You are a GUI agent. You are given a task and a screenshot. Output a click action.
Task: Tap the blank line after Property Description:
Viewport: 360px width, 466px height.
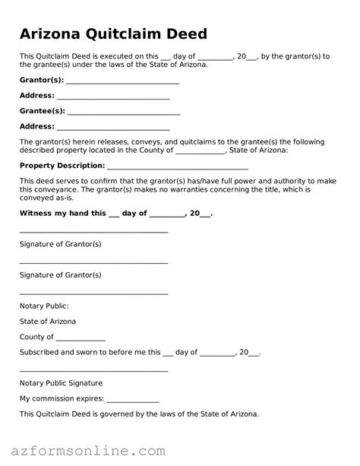(x=178, y=166)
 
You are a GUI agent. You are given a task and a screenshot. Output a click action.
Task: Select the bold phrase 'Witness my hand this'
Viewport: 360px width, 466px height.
(x=63, y=214)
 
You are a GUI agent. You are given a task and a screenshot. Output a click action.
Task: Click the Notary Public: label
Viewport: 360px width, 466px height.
(x=44, y=306)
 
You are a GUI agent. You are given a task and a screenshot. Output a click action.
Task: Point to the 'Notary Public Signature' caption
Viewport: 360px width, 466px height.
(x=61, y=383)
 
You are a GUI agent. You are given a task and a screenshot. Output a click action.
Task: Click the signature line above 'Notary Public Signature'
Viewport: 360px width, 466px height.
(x=93, y=370)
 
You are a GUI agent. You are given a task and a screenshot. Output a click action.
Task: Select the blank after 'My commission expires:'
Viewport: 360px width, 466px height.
(x=133, y=400)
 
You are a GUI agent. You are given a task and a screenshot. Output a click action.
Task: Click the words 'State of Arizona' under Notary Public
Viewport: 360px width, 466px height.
(x=48, y=322)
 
